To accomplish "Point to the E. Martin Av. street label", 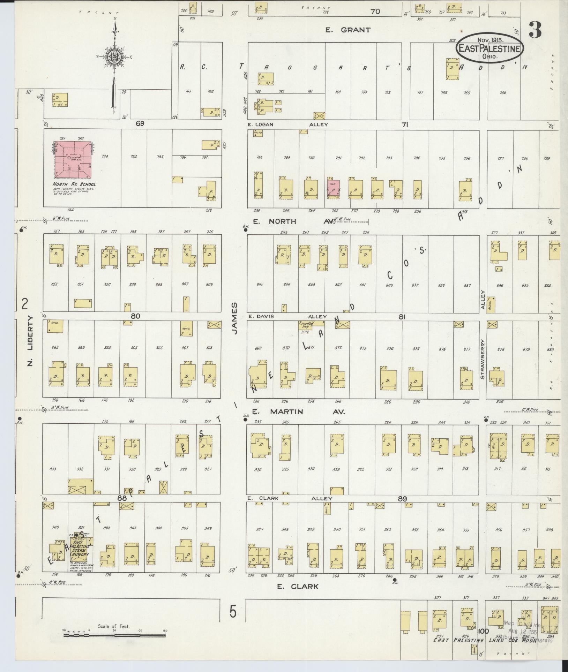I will tap(299, 412).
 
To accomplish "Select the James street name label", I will tap(234, 318).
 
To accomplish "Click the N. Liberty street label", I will tap(30, 341).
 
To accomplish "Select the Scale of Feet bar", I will tap(114, 635).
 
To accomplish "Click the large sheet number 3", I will tap(535, 30).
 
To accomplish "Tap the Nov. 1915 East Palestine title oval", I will tap(490, 49).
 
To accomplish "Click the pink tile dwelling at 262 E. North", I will tap(333, 189).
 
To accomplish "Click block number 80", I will tap(135, 316).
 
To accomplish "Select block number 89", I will tap(402, 499).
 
